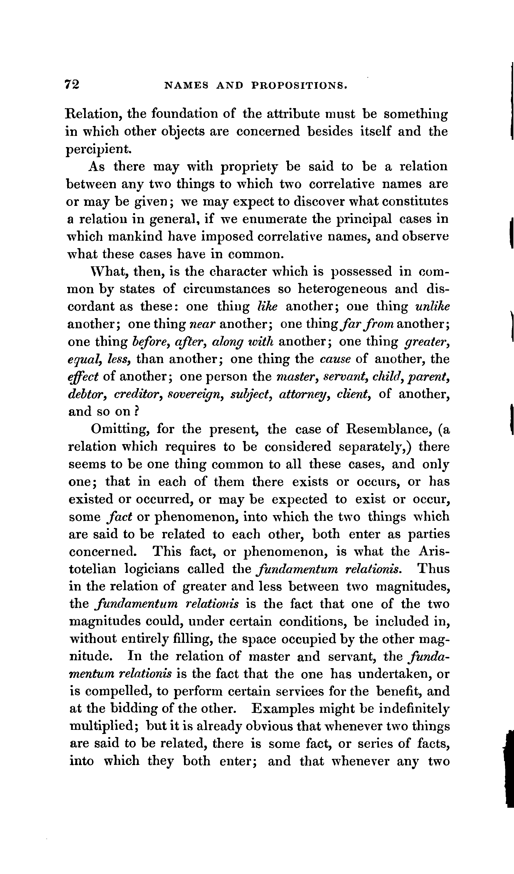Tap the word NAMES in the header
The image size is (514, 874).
pyautogui.click(x=185, y=85)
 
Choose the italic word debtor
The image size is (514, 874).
pyautogui.click(x=87, y=394)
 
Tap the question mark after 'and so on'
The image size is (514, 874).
pyautogui.click(x=136, y=412)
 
